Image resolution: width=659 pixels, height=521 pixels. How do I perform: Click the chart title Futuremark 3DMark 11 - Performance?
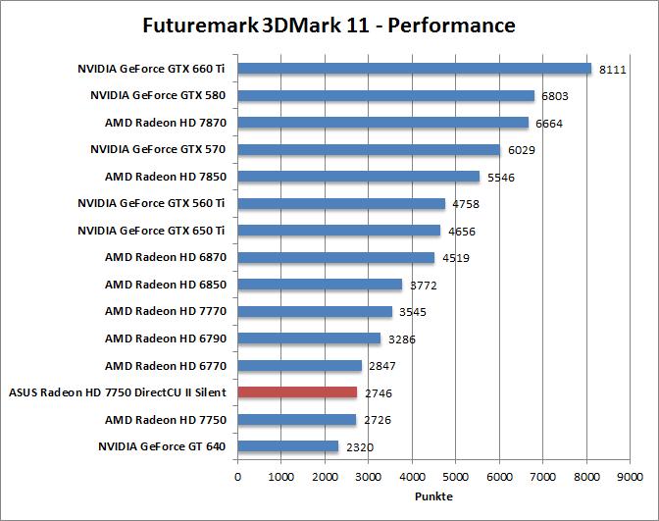pyautogui.click(x=329, y=24)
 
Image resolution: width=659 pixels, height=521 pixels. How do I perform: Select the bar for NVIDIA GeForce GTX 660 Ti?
pyautogui.click(x=414, y=69)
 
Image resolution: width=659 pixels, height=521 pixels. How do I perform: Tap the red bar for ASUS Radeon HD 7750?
pyautogui.click(x=297, y=392)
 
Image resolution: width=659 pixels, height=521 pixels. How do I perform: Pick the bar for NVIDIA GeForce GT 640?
pyautogui.click(x=287, y=446)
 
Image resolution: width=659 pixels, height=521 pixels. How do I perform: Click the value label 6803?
pyautogui.click(x=555, y=97)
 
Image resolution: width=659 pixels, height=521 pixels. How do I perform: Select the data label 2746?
pyautogui.click(x=379, y=393)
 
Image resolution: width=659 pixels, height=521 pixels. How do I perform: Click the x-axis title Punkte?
pyautogui.click(x=432, y=496)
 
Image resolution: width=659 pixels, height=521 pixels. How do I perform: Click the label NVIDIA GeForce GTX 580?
pyautogui.click(x=158, y=96)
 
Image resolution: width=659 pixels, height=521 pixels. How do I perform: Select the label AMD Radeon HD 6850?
pyautogui.click(x=166, y=285)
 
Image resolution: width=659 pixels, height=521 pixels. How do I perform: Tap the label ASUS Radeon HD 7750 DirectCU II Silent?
pyautogui.click(x=118, y=392)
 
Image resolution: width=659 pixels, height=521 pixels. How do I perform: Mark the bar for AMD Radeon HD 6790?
pyautogui.click(x=309, y=339)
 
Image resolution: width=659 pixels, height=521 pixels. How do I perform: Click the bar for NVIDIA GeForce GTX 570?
pyautogui.click(x=369, y=149)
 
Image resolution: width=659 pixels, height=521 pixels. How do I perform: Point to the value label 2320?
pyautogui.click(x=359, y=447)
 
